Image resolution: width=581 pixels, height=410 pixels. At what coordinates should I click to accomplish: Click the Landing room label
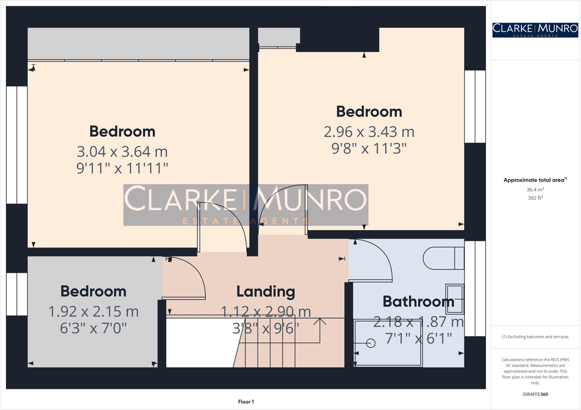266,291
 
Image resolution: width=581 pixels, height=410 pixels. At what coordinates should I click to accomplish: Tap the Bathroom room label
418,301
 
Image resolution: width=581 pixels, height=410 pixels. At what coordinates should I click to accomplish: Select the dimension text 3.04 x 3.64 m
122,152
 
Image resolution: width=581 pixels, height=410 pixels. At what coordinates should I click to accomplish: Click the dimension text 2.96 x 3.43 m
369,132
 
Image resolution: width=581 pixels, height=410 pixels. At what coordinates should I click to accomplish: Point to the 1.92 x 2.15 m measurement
93,312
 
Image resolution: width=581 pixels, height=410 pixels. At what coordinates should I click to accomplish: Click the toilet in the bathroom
443,258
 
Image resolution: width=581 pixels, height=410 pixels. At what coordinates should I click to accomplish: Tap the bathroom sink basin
455,299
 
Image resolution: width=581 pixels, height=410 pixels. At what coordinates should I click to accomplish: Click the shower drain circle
371,343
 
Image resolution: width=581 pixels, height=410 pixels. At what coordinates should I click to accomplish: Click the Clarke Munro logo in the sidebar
535,30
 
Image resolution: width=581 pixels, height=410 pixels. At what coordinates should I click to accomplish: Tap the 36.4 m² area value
535,190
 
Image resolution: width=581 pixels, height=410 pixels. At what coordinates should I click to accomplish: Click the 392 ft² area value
535,198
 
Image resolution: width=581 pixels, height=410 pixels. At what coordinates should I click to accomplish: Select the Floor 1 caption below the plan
246,402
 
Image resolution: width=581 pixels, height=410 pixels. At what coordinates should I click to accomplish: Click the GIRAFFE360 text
535,394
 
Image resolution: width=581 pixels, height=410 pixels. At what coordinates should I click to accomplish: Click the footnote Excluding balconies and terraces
535,337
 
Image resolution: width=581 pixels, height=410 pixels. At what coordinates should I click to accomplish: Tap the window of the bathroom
475,289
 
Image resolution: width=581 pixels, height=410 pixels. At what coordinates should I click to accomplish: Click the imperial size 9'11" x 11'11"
122,168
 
